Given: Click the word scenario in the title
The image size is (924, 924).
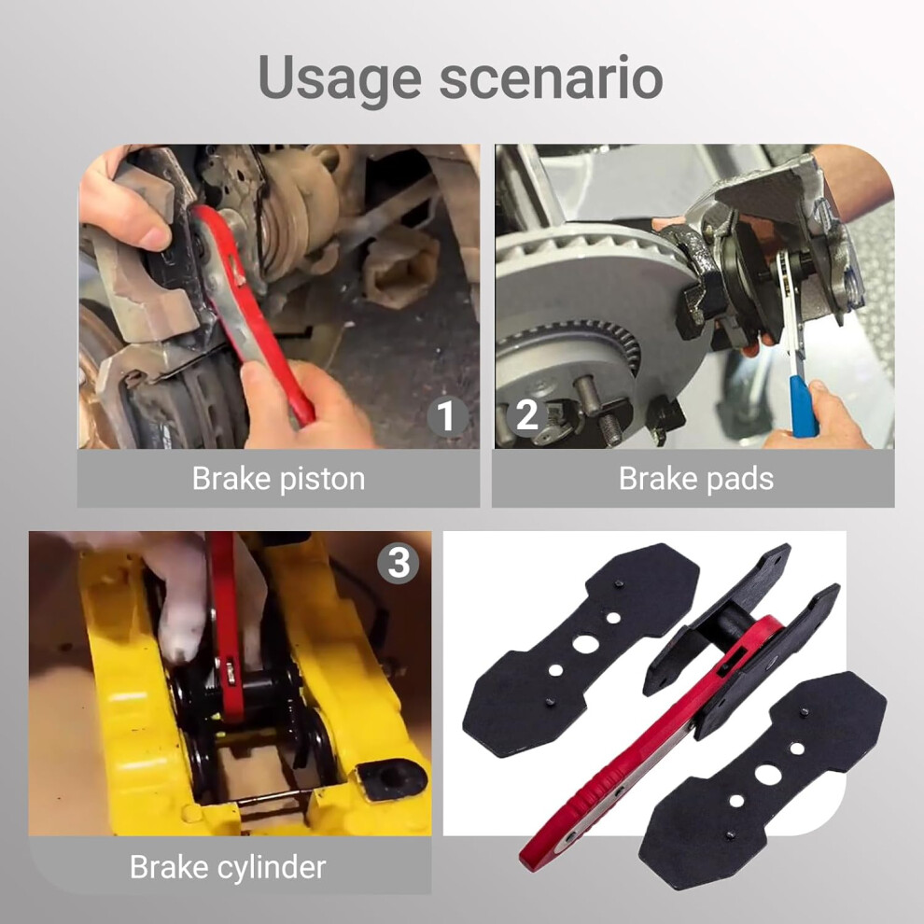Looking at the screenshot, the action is point(552,78).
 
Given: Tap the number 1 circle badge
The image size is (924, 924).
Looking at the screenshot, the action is point(448,414).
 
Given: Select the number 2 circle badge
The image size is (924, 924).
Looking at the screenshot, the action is point(526,414).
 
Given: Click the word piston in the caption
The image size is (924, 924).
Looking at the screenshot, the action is point(322,480).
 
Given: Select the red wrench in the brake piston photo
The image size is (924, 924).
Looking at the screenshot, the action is point(253,313).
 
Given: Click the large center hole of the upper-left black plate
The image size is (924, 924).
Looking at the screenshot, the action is point(584,643).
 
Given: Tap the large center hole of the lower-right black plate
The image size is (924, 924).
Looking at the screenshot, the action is point(768,775).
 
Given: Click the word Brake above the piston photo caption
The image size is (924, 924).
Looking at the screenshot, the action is point(231,478).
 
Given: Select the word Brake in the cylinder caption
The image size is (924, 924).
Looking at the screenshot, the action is point(169,867).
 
